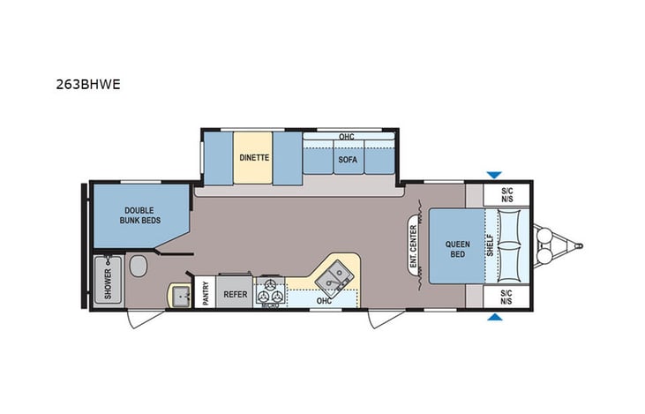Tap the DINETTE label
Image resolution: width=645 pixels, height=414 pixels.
(x=254, y=158)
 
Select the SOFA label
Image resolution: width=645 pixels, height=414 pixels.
(x=345, y=161)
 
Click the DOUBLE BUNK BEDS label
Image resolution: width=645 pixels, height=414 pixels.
(x=141, y=215)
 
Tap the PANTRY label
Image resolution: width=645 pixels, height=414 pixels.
(x=205, y=294)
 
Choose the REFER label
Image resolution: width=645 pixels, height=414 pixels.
(x=235, y=294)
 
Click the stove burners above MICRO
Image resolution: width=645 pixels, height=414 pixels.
(x=269, y=289)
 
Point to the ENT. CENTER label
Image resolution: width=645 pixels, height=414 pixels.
(x=412, y=245)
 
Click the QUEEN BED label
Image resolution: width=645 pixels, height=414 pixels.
(x=456, y=249)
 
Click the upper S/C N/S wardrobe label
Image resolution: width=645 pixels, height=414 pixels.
(x=506, y=195)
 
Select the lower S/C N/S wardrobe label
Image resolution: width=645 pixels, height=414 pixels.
(x=506, y=297)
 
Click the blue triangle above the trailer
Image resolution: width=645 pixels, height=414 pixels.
(x=495, y=176)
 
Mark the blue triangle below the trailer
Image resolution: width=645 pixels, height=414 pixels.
(x=495, y=317)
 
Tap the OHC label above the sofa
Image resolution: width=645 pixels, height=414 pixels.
(x=347, y=137)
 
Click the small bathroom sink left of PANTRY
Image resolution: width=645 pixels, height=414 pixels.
(x=180, y=294)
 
